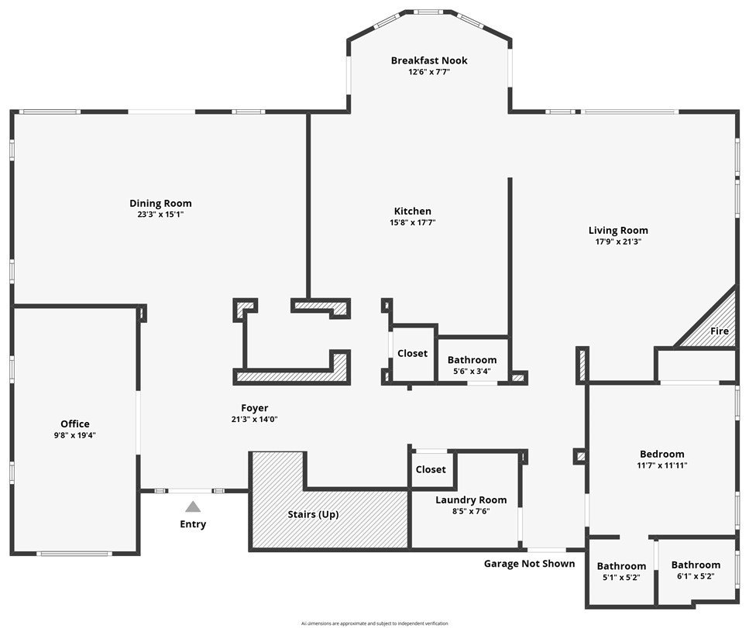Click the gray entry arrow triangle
point(193,506)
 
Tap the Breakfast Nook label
point(429,60)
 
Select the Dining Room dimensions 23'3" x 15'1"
point(160,214)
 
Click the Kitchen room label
point(413,211)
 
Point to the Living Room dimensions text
point(618,241)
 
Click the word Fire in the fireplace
point(720,331)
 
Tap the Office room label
point(75,424)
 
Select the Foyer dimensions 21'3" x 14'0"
point(255,419)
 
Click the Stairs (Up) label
point(313,514)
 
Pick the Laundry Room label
point(471,500)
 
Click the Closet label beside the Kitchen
point(412,353)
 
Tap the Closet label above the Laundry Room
point(431,469)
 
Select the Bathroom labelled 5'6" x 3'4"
point(472,360)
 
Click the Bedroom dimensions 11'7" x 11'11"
point(662,465)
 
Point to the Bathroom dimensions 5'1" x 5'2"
point(621,577)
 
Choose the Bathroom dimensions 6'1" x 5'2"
point(696,576)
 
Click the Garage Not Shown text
point(530,563)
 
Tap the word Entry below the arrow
point(193,524)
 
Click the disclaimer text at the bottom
point(374,623)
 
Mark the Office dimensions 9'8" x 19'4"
point(75,435)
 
